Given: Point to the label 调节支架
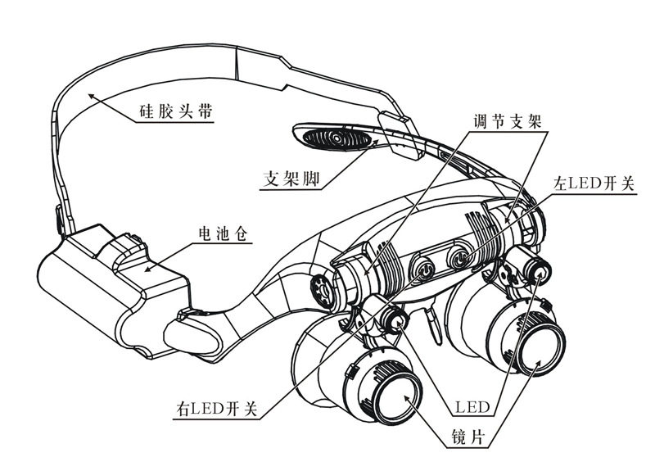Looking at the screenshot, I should pos(504,120).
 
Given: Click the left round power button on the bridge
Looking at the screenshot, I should pos(425,267).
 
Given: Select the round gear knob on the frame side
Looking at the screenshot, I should pos(321,288).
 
